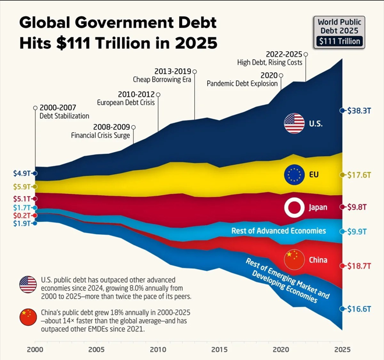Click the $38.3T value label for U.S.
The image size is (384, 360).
coord(358,110)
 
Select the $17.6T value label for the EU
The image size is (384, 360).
coord(358,175)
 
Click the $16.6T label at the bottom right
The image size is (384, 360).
coord(358,309)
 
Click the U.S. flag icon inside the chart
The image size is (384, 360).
coord(294,123)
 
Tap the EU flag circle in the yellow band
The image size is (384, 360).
coord(294,175)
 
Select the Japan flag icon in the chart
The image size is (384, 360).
coord(294,207)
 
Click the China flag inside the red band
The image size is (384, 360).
coord(294,259)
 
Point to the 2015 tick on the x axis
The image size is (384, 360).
coord(219,350)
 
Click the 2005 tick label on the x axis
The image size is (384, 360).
coord(96,350)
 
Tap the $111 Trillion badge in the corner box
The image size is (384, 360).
coord(339,41)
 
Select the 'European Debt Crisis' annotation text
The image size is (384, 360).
coord(126,103)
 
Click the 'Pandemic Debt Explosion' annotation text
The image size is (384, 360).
coord(241,84)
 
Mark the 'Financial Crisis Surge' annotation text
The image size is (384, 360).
coord(100,135)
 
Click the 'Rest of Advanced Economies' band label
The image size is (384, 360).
coord(278,231)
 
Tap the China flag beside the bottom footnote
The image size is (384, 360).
coord(28,317)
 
